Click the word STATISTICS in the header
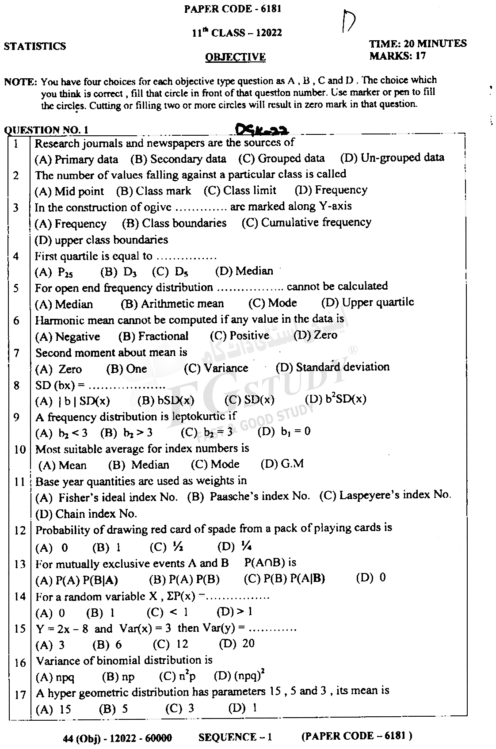pyautogui.click(x=35, y=46)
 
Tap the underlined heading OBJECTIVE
pyautogui.click(x=236, y=57)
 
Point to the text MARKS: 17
pyautogui.click(x=397, y=56)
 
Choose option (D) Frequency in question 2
pyautogui.click(x=331, y=190)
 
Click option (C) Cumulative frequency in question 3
pyautogui.click(x=306, y=222)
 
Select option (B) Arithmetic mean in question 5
pyautogui.click(x=172, y=304)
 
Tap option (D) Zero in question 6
pyautogui.click(x=316, y=335)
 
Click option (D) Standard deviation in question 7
pyautogui.click(x=332, y=367)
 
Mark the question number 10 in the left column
pyautogui.click(x=20, y=450)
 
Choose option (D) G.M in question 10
pyautogui.click(x=282, y=464)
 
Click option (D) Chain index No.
pyautogui.click(x=86, y=514)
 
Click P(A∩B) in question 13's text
pyautogui.click(x=270, y=563)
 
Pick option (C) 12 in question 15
pyautogui.click(x=171, y=644)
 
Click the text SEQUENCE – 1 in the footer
pyautogui.click(x=235, y=737)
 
